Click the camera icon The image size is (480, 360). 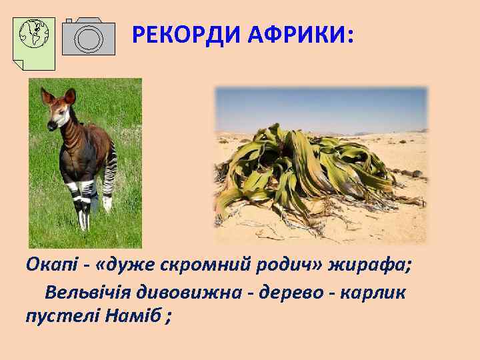coord(88,37)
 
